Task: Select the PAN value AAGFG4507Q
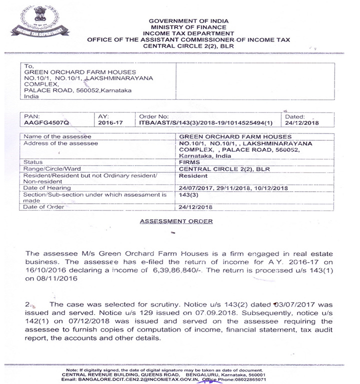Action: point(44,122)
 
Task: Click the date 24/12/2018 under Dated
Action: point(301,122)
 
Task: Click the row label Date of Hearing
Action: point(48,188)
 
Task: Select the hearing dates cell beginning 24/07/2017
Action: point(233,188)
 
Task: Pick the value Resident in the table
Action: point(193,176)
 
